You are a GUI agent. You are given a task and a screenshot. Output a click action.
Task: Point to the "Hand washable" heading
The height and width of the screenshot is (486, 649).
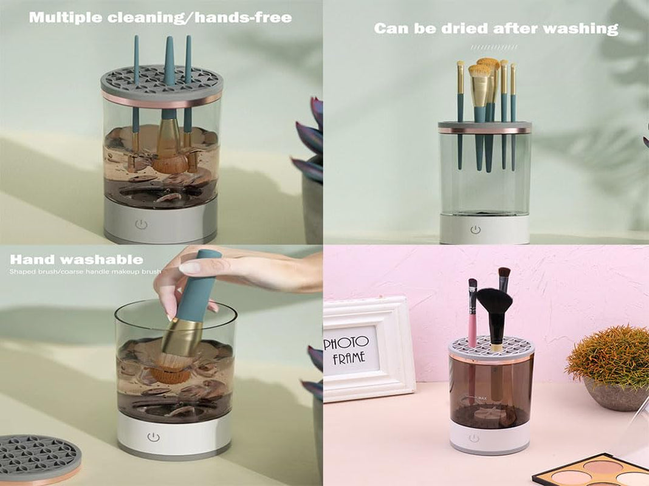coord(76,260)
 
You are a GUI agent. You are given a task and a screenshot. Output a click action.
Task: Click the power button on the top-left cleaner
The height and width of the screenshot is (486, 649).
coord(142,224)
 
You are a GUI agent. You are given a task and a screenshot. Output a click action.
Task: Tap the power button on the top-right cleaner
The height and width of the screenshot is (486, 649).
coord(475,230)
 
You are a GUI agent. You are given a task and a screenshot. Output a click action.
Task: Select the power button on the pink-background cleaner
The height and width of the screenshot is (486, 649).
coord(473,438)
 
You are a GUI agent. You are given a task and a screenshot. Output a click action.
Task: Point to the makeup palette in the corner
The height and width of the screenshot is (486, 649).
coord(589,471)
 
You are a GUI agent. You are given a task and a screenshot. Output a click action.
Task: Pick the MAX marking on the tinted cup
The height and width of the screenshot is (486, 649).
coord(484,399)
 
